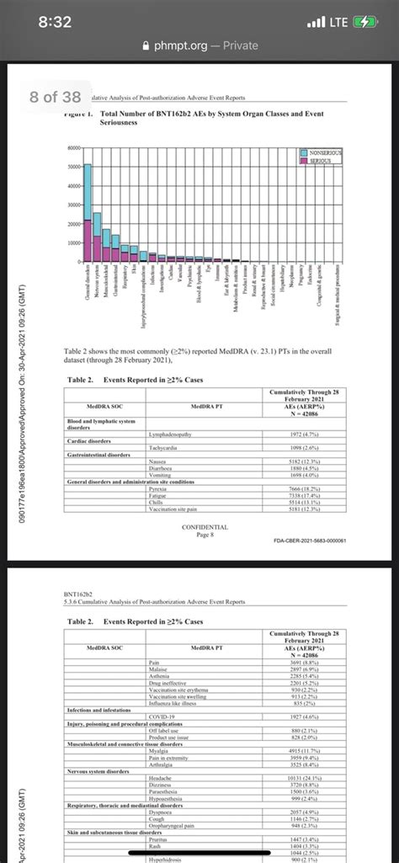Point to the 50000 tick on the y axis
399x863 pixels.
tap(73, 166)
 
